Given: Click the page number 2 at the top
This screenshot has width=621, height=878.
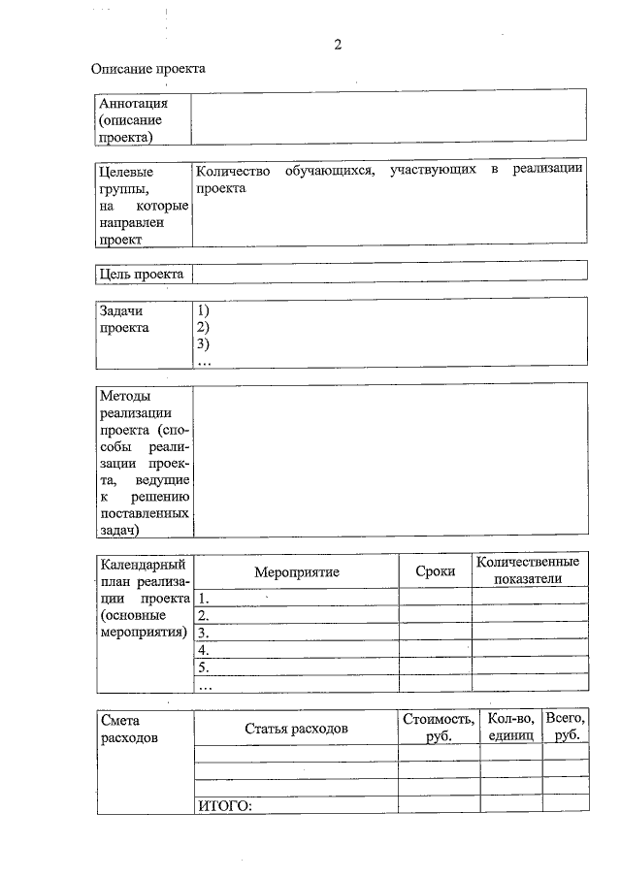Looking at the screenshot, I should pos(338,45).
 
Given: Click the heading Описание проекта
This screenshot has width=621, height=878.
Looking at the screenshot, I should pos(147,69).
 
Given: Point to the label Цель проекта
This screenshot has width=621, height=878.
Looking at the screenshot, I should pos(142,275).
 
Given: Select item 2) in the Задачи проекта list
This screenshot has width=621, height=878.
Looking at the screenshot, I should pos(204,328).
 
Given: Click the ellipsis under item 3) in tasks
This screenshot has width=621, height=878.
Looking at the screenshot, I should pos(204,362).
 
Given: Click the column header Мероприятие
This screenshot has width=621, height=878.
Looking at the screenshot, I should pos(296,571).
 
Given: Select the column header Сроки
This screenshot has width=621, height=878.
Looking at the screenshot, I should pos(435,571).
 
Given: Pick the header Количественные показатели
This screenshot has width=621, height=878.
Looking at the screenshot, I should pos(528,570).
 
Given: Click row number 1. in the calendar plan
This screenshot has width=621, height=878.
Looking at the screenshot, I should pos(203,598).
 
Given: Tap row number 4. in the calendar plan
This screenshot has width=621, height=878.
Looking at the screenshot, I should pos(203,650).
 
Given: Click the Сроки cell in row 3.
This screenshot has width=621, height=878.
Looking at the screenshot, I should pos(435,633).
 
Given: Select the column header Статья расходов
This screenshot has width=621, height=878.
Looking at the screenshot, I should pos(296,728).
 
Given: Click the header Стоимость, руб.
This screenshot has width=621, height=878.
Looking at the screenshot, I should pos(438,728).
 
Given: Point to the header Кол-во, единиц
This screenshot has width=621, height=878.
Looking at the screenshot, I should pos(510,728).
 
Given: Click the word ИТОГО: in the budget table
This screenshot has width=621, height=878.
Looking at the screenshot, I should pos(225,804).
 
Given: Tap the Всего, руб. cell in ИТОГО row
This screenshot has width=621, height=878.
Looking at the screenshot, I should pos(565,804).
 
